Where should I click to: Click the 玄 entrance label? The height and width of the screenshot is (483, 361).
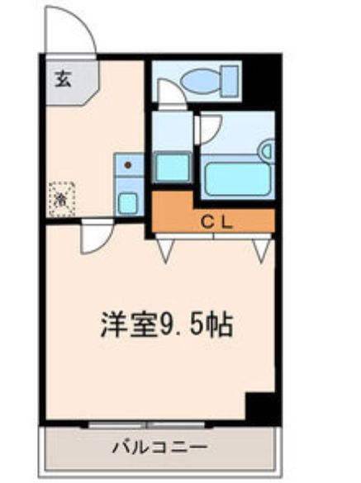(63, 79)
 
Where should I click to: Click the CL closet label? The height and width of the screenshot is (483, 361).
(213, 220)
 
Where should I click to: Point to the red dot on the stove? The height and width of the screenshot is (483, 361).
(128, 165)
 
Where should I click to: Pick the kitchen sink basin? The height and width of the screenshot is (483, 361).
(128, 201)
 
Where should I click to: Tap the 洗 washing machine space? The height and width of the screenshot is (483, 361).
(62, 199)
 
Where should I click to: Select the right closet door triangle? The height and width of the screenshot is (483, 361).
(263, 249)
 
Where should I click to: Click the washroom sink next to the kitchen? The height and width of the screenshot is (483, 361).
(173, 167)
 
